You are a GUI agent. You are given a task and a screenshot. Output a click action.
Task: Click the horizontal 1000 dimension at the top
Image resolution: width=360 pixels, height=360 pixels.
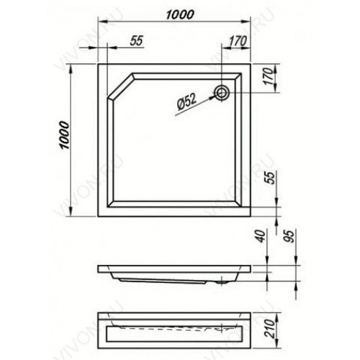coord(180,14)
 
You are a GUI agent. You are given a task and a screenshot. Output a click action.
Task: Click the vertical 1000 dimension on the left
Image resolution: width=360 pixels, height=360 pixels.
coord(65,135)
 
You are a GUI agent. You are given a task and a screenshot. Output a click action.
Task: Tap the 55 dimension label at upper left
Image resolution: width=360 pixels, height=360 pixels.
coord(136,40)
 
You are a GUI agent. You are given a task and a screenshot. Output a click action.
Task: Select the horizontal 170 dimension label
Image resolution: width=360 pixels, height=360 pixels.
coord(237,41)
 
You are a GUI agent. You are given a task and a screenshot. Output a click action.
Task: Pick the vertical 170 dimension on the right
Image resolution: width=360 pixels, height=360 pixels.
coord(269,76)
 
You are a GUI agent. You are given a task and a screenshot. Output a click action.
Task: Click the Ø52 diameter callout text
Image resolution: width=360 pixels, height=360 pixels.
coord(186,102)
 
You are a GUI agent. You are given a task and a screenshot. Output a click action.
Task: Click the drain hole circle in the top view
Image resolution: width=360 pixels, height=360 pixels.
coord(222,93)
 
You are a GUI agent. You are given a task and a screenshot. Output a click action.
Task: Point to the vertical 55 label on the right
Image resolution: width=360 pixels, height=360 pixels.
coord(271,177)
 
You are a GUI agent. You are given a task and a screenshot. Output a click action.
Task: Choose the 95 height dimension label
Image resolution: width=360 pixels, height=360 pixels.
coord(290,236)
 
